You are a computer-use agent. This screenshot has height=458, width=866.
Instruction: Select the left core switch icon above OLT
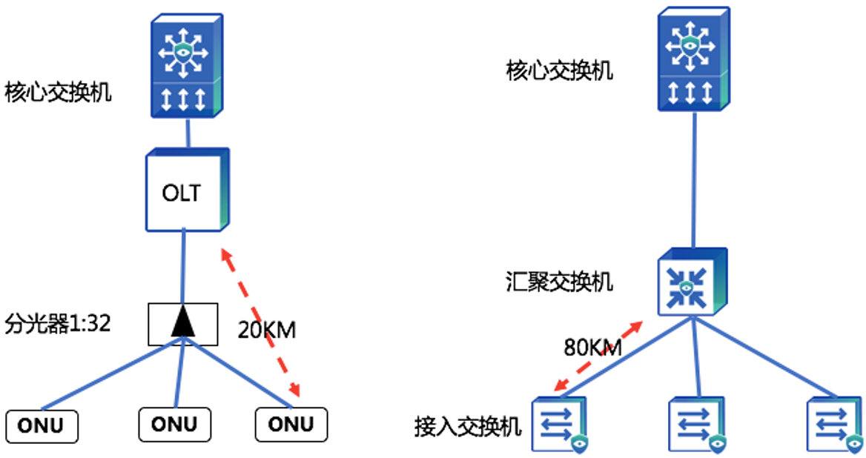tap(186, 67)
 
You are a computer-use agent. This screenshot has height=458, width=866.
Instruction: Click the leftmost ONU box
tap(42, 426)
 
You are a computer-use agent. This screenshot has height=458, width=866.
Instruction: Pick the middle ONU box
tap(175, 424)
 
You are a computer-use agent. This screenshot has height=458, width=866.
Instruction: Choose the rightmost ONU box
tap(291, 424)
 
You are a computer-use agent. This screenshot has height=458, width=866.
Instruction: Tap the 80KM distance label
tap(592, 348)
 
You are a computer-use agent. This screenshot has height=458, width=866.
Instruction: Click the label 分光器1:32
tap(58, 324)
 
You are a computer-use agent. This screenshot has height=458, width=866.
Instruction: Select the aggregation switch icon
tap(689, 281)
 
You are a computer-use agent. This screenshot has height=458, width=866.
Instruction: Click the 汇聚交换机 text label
tap(560, 282)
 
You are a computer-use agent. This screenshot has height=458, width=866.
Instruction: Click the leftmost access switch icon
tap(560, 424)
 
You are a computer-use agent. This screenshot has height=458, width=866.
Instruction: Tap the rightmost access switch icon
tap(834, 424)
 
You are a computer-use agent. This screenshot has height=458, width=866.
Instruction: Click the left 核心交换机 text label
tap(58, 93)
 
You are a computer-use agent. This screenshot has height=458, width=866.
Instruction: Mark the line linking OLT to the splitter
tap(182, 267)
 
